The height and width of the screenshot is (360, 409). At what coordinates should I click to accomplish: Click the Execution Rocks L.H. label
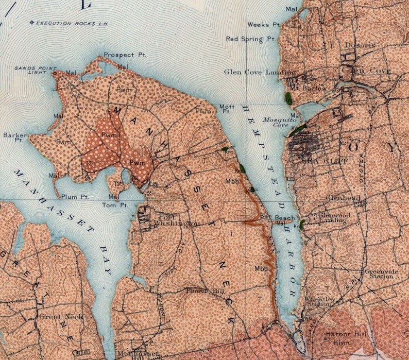[x=64, y=23]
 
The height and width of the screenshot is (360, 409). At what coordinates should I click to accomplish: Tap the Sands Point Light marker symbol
[x=56, y=73]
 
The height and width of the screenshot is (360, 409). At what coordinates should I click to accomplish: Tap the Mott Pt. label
[x=227, y=109]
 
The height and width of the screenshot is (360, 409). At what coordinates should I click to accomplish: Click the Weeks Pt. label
[x=263, y=24]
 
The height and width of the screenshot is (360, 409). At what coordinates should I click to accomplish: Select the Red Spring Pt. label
[x=251, y=39]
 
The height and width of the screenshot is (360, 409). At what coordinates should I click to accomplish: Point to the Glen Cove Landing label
[x=260, y=72]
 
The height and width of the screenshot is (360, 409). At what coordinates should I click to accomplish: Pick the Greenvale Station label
[x=379, y=273]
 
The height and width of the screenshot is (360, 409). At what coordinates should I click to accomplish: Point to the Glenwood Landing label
[x=334, y=217]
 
